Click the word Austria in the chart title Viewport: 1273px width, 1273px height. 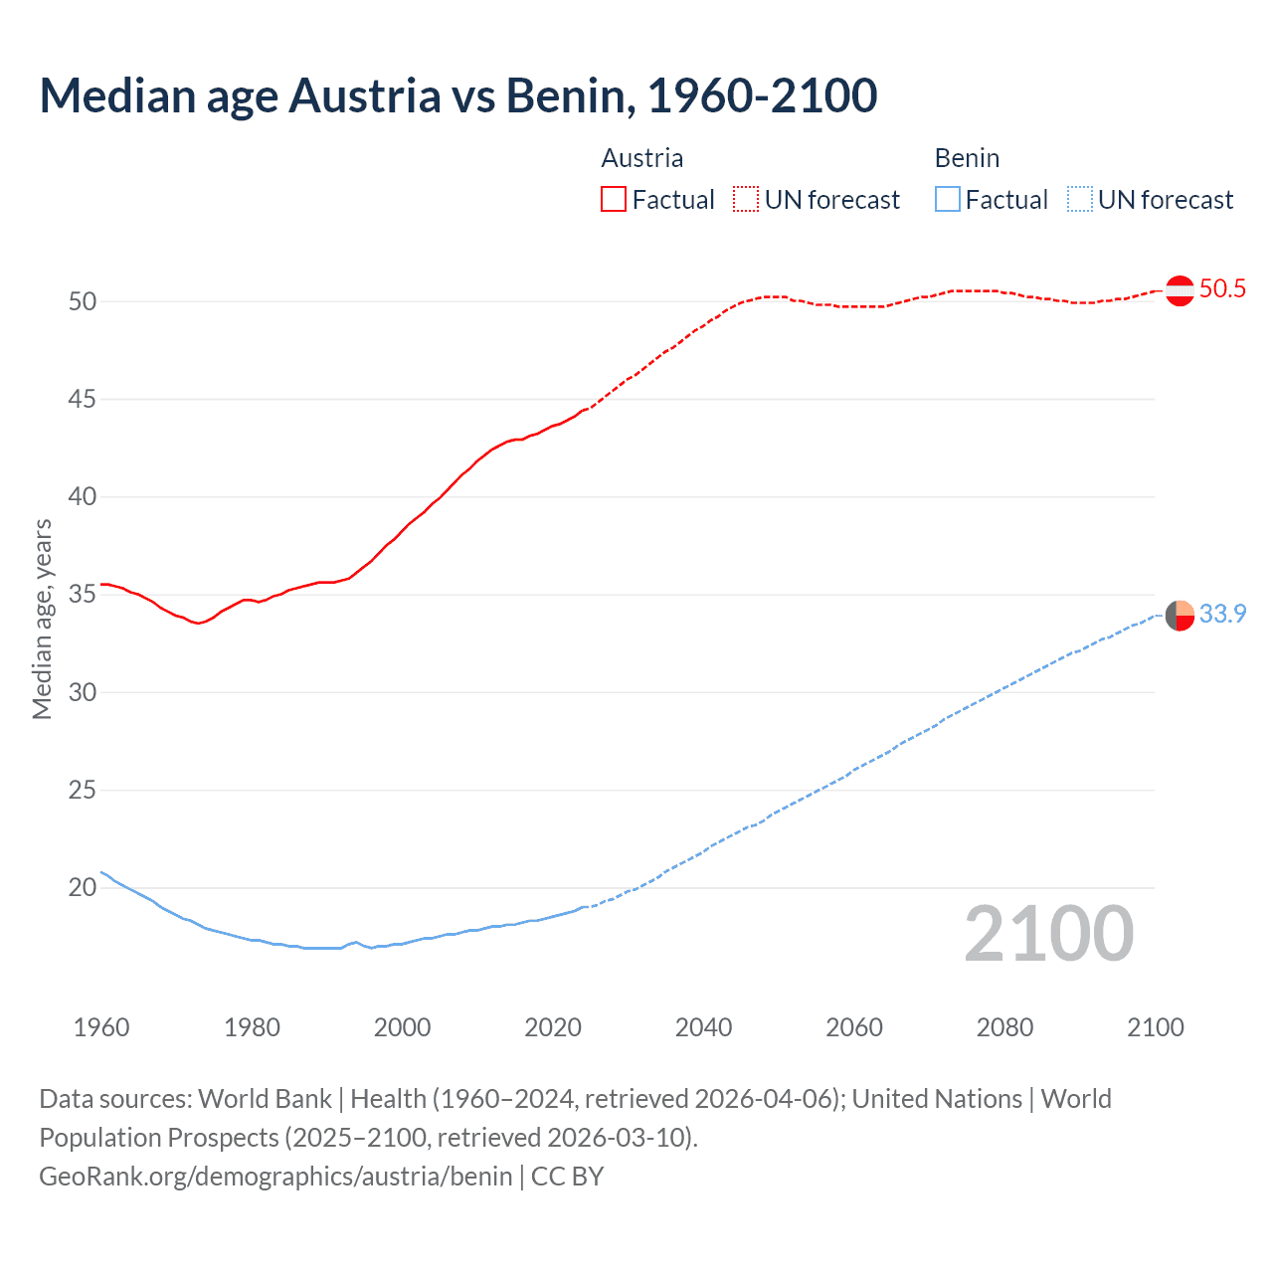click(x=364, y=95)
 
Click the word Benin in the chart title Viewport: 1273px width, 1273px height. click(x=564, y=95)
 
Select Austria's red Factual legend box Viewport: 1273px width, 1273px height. click(x=614, y=199)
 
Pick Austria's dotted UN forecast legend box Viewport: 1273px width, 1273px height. click(x=746, y=199)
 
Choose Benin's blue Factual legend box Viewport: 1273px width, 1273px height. click(x=948, y=199)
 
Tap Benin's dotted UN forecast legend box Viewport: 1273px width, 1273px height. click(x=1080, y=199)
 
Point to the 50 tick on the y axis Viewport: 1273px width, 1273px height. click(x=83, y=301)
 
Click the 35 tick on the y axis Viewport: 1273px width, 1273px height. click(x=83, y=595)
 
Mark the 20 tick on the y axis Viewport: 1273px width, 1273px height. click(x=83, y=887)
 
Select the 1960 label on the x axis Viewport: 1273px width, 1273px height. click(x=101, y=1027)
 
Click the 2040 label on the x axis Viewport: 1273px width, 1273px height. click(x=703, y=1027)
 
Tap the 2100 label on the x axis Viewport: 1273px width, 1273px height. click(x=1155, y=1027)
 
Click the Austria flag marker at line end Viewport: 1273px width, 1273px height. click(x=1180, y=290)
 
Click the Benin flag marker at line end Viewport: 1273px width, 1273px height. click(x=1180, y=616)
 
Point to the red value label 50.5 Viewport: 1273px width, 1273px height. click(x=1222, y=289)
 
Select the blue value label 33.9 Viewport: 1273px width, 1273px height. click(x=1222, y=615)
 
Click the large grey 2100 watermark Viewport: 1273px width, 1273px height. click(x=1048, y=934)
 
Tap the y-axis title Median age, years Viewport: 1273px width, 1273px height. click(x=42, y=619)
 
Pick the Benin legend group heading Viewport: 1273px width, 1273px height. click(x=967, y=158)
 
